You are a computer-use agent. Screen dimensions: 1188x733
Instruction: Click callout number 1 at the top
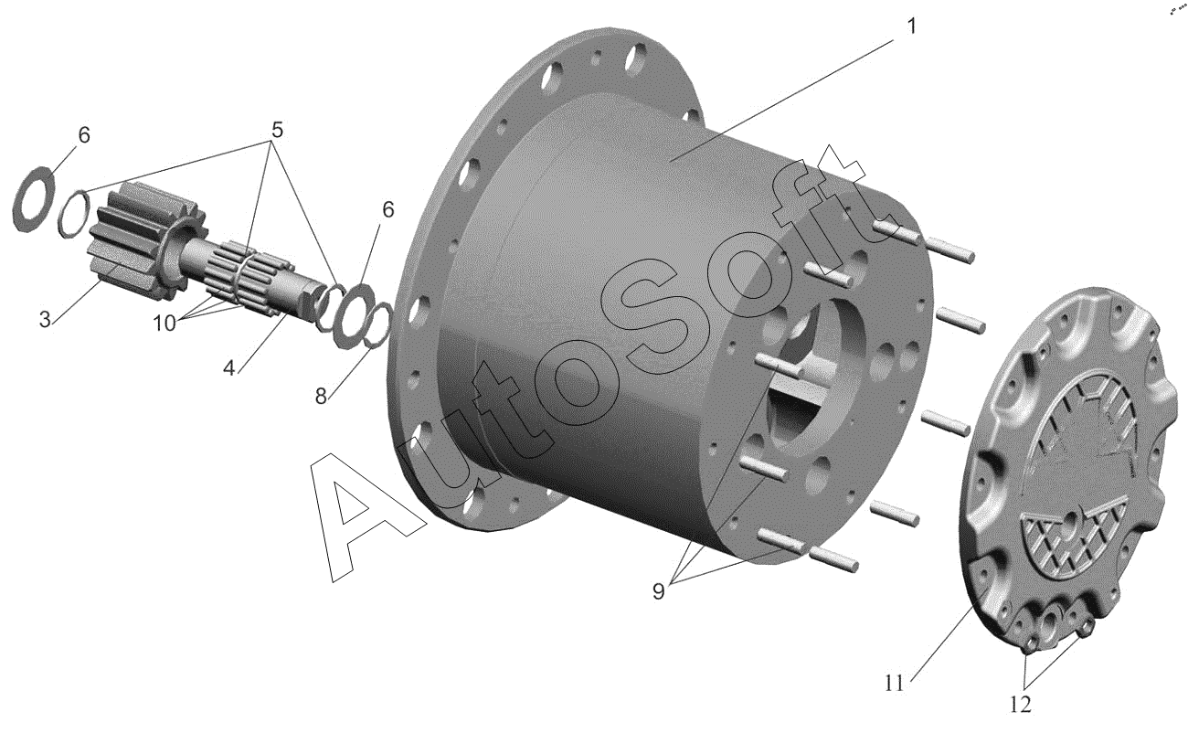click(x=911, y=26)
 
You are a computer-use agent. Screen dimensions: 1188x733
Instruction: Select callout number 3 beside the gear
click(x=45, y=319)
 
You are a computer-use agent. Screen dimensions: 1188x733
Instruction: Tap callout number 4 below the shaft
click(x=228, y=368)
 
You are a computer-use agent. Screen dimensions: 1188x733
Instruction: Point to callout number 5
click(x=277, y=130)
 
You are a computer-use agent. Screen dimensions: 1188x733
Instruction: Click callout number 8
click(x=321, y=396)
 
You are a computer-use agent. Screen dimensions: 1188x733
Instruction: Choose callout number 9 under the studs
click(x=658, y=590)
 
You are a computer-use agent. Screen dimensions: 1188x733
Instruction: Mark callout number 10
click(x=164, y=323)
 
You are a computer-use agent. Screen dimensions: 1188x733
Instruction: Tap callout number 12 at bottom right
click(x=1021, y=705)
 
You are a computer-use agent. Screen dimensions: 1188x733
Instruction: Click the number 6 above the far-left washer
click(x=84, y=134)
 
